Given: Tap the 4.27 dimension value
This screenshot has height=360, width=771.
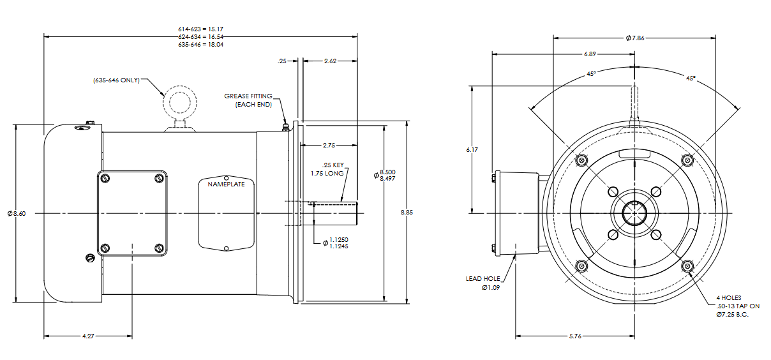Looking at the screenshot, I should coord(88,336).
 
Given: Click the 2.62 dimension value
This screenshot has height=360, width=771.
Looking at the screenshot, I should coord(330,61).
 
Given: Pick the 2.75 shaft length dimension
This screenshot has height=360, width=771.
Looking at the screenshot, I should coord(329,145).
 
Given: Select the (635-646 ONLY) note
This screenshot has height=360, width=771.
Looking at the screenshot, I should coord(116,81).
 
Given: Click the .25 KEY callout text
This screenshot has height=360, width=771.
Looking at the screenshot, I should coord(333,165).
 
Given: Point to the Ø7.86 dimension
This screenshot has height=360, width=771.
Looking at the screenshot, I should coord(636,38).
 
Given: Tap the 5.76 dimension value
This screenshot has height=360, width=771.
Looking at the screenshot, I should coord(574,336).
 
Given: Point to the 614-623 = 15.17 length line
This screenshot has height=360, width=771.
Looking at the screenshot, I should coord(200,29).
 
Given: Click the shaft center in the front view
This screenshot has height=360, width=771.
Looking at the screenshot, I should coord(635,213).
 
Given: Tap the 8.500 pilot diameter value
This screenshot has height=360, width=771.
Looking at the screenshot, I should coord(387,172).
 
